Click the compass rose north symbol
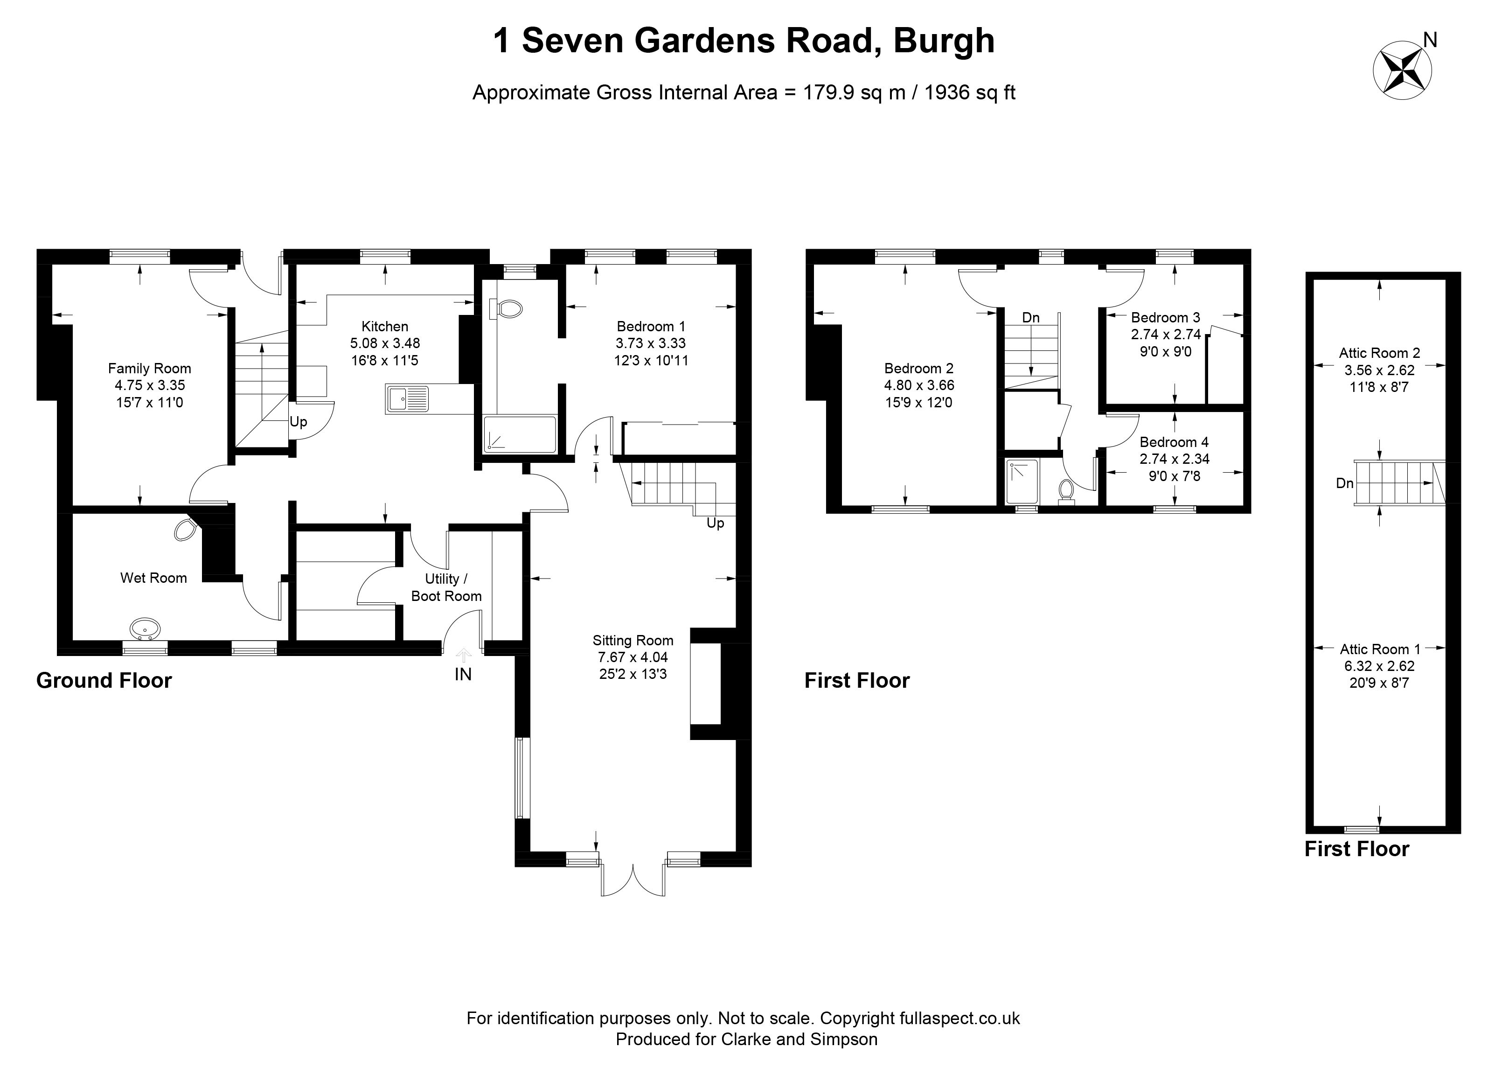[x=1403, y=71]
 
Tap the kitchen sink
[x=407, y=398]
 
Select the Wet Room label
[x=153, y=578]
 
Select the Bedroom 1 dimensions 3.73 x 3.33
[x=650, y=342]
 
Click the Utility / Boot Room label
[x=446, y=587]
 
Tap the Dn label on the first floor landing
[x=1031, y=318]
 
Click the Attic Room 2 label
[x=1379, y=353]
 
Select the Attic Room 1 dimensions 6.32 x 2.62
[x=1379, y=665]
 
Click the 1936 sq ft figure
[x=970, y=92]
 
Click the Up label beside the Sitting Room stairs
[x=715, y=523]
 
